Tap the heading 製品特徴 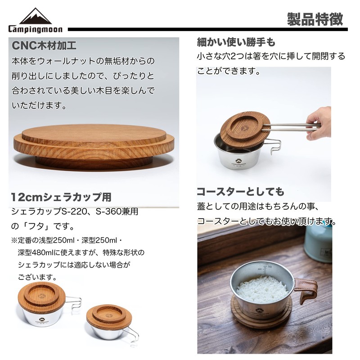[x=315, y=19]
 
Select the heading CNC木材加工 [x=44, y=45]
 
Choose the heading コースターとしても [x=240, y=191]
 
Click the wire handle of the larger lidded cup [x=74, y=302]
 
